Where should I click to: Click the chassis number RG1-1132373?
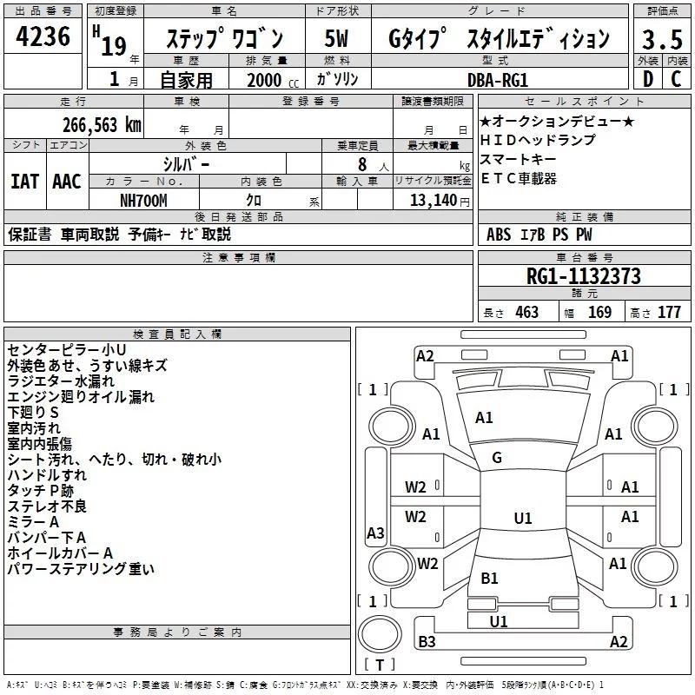click(x=584, y=276)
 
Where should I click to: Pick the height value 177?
click(x=669, y=313)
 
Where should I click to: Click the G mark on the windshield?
click(x=497, y=458)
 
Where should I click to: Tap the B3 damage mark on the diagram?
click(x=427, y=642)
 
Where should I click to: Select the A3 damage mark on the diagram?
click(x=375, y=533)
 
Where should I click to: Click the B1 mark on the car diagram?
click(x=489, y=578)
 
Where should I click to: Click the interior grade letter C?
click(x=675, y=80)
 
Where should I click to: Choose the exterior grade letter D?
click(x=647, y=80)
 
